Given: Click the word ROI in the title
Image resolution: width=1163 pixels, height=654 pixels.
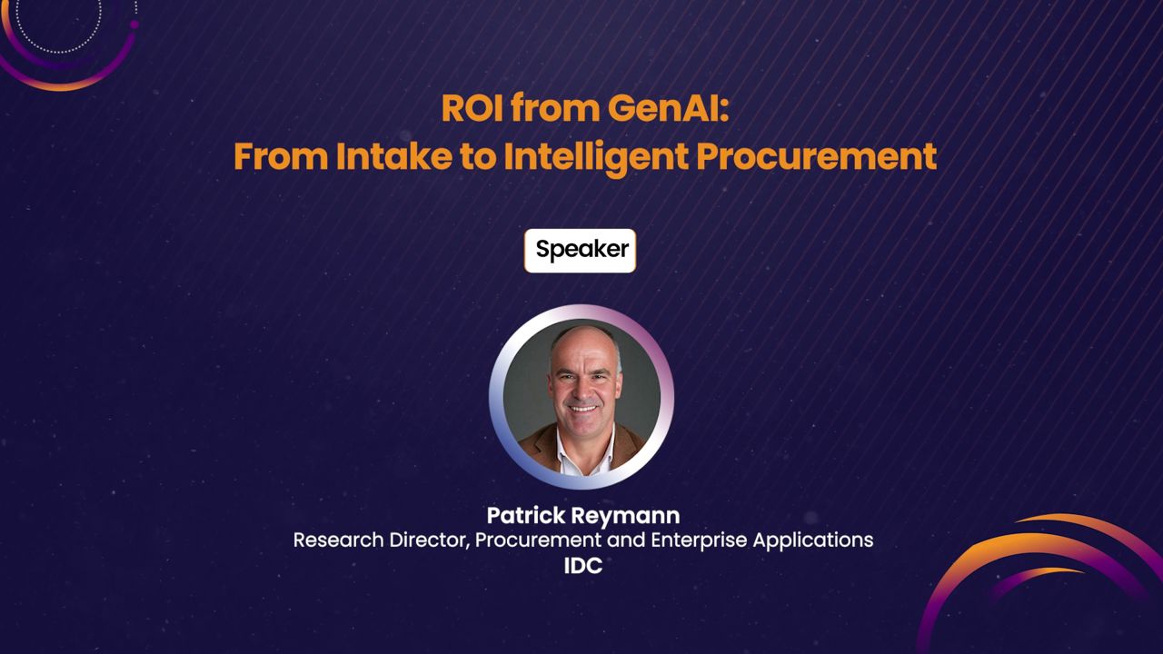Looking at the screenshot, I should (x=472, y=108).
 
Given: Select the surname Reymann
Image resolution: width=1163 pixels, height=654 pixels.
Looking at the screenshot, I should (x=626, y=516).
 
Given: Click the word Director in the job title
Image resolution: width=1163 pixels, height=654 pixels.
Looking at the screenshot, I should (x=429, y=540).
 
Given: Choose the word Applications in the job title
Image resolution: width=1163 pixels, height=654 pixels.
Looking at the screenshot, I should (x=810, y=540).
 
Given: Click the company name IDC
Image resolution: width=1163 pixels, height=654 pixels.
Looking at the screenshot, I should (x=582, y=565).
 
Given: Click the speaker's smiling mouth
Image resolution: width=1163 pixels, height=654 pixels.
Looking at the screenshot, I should (x=583, y=408).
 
